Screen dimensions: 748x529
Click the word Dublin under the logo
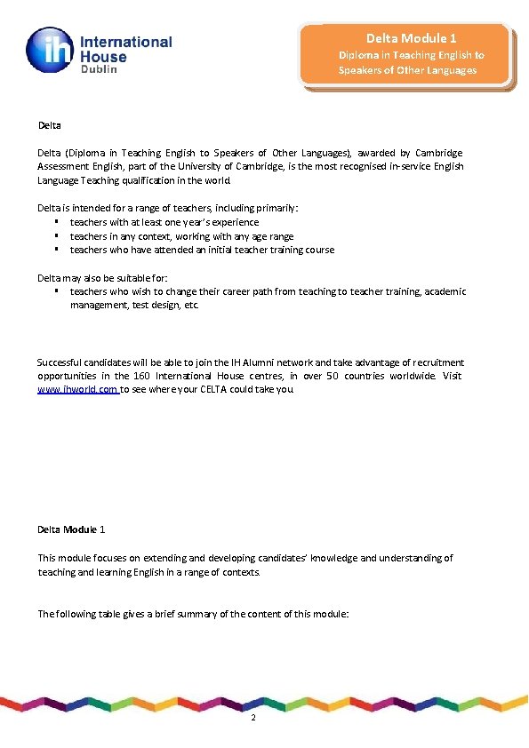point(101,69)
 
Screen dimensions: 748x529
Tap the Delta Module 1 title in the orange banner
point(412,38)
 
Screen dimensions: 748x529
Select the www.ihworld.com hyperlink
point(77,389)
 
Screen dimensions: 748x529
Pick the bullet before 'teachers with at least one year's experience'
point(56,222)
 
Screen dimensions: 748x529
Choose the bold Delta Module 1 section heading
point(71,529)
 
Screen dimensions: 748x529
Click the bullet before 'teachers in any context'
point(56,236)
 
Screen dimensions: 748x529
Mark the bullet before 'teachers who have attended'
point(56,250)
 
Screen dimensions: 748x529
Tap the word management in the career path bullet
point(98,305)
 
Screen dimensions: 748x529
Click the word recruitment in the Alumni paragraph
point(436,362)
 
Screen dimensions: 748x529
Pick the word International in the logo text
point(126,42)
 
